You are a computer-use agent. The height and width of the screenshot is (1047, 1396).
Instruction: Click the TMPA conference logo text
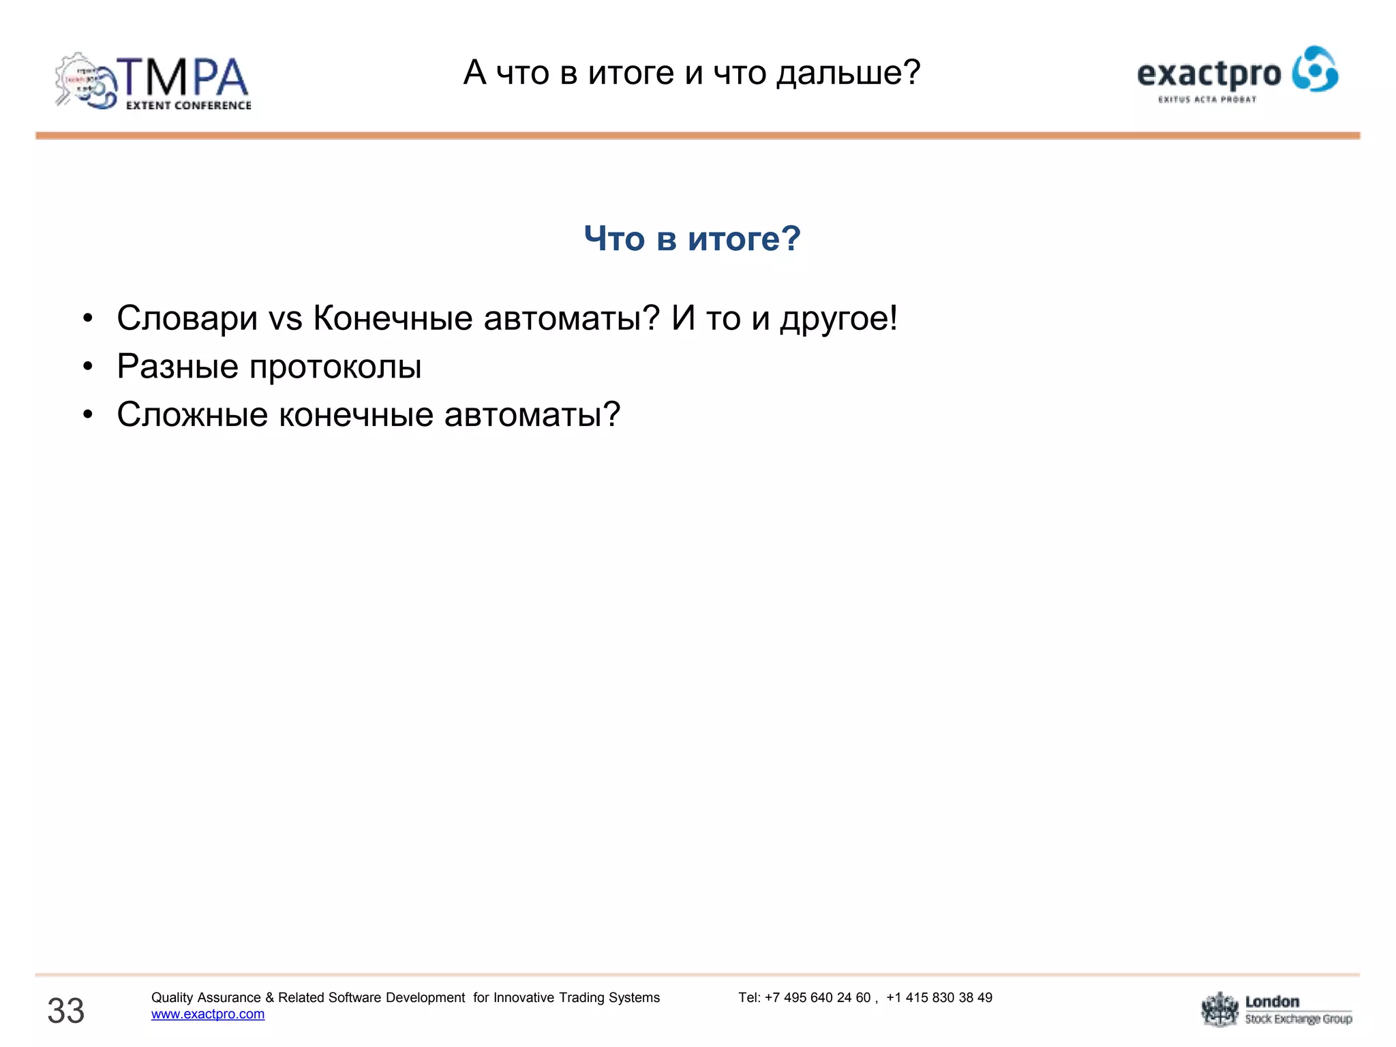(183, 77)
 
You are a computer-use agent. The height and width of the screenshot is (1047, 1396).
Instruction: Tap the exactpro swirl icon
(1315, 69)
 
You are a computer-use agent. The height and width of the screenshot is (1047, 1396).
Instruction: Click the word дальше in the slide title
(849, 72)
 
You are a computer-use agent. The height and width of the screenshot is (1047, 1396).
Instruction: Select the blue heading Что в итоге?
(692, 239)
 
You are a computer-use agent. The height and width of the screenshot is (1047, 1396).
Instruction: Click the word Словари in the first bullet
(187, 318)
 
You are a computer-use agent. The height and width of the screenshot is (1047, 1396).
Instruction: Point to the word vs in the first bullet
(285, 319)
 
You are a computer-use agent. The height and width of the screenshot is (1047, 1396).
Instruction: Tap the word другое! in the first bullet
(838, 318)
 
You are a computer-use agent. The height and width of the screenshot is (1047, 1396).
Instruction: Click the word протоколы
(335, 367)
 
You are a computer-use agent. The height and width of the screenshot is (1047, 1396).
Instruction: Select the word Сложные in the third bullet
(192, 414)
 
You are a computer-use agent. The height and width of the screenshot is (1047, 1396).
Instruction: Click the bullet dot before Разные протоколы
(87, 367)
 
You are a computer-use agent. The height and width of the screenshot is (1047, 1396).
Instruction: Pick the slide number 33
(65, 1010)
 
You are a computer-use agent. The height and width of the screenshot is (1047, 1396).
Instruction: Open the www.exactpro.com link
(208, 1014)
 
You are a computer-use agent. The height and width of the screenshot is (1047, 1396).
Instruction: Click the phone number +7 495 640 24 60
(817, 998)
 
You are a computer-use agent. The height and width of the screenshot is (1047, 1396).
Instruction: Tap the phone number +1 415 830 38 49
(939, 998)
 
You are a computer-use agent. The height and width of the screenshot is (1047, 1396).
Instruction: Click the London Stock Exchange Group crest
(1219, 1010)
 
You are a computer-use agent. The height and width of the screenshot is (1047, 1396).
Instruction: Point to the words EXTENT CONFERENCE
(188, 106)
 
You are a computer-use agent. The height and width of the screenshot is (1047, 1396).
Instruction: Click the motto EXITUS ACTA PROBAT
(1207, 100)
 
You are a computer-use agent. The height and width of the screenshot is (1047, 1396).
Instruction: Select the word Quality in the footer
(172, 998)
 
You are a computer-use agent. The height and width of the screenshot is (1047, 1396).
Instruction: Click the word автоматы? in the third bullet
(532, 414)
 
